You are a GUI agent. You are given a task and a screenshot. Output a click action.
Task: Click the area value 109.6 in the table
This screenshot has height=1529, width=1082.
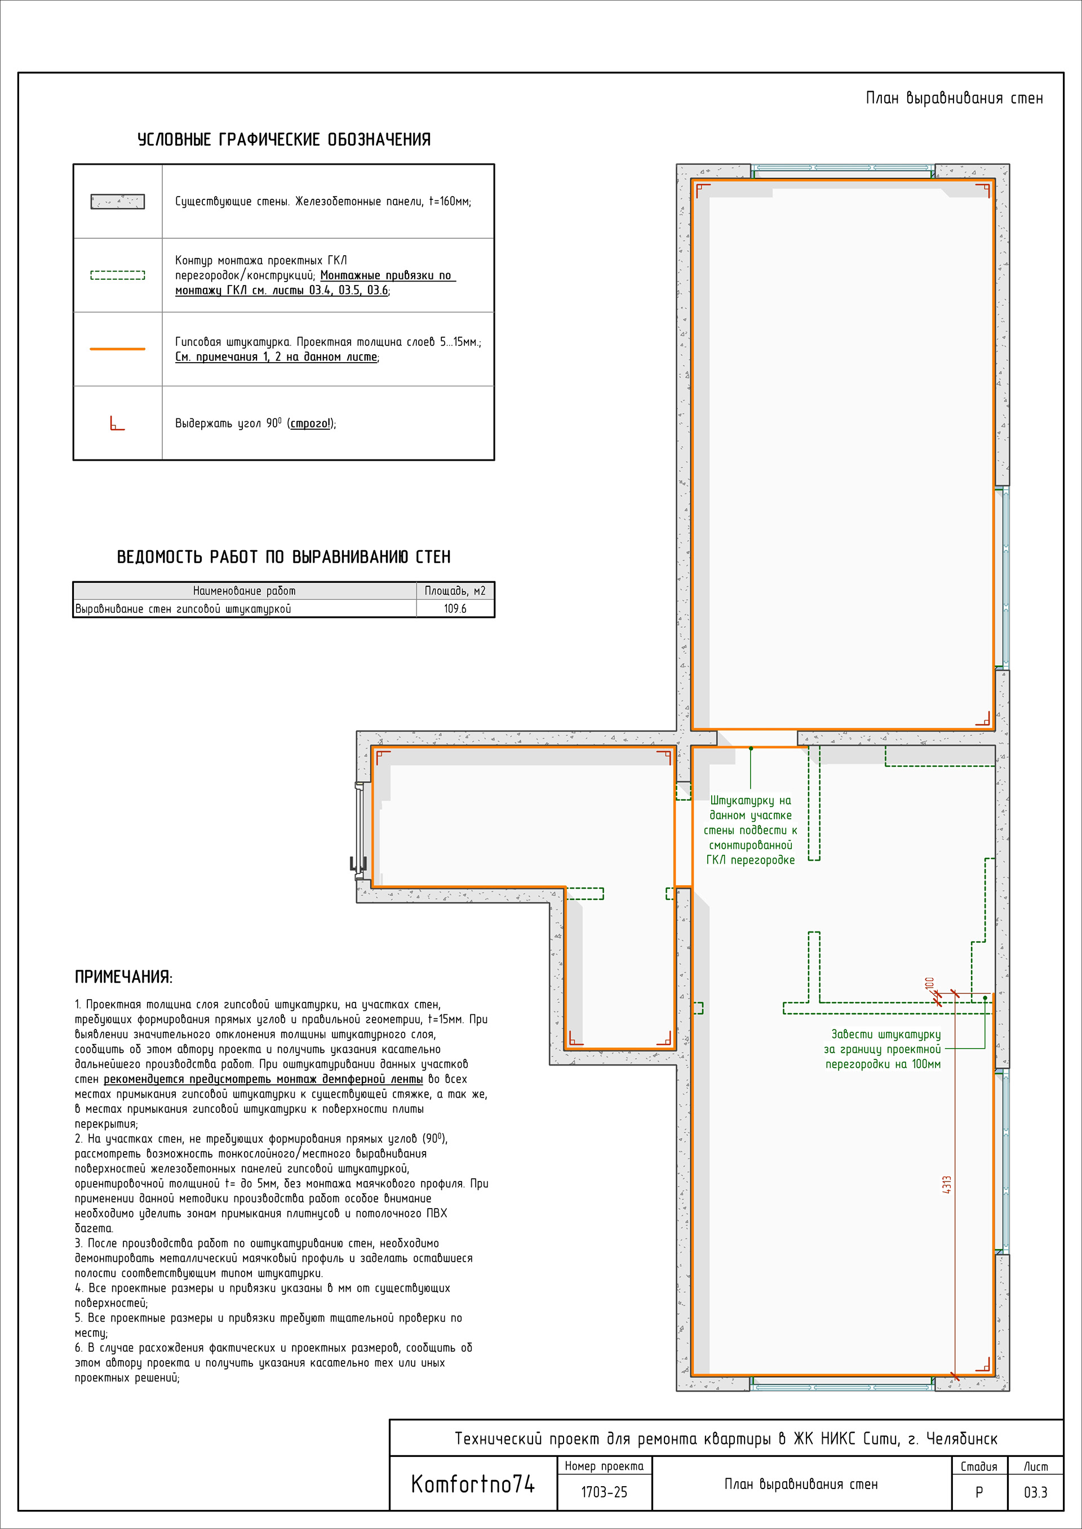click(x=455, y=609)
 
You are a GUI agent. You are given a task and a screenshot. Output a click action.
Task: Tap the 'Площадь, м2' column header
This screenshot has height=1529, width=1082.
click(x=455, y=591)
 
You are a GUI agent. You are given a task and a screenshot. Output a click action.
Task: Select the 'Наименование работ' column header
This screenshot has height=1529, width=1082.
click(x=244, y=591)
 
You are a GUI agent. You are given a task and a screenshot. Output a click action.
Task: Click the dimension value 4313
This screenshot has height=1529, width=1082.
click(x=947, y=1185)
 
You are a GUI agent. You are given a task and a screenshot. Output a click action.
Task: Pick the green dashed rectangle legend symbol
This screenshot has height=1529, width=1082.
click(x=117, y=275)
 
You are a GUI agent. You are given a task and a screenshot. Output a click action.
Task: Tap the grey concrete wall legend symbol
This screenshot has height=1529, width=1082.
click(x=117, y=201)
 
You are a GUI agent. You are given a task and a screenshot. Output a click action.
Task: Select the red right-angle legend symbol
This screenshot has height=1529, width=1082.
click(x=117, y=424)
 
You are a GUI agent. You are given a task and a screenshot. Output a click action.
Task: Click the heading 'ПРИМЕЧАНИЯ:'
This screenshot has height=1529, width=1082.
click(x=123, y=977)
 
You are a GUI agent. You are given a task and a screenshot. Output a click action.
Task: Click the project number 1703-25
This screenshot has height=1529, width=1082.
click(x=604, y=1492)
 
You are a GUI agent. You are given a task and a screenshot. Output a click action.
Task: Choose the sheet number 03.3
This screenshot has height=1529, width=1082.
click(x=1035, y=1492)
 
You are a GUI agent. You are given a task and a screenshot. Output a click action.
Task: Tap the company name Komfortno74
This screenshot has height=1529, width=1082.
click(x=472, y=1484)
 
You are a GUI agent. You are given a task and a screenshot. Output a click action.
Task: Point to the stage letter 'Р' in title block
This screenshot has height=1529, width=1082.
click(x=979, y=1492)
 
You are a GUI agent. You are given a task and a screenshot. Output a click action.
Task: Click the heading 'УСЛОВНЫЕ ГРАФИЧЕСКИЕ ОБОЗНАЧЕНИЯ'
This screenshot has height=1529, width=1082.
click(x=284, y=140)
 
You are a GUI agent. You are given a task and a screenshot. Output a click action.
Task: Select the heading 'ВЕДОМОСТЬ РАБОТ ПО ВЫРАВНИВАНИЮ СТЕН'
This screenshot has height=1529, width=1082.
click(x=284, y=557)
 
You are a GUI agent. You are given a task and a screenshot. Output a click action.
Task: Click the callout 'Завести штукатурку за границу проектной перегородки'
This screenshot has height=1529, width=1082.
click(x=883, y=1049)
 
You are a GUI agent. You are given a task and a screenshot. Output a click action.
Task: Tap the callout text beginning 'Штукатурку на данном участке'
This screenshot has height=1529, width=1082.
click(x=751, y=830)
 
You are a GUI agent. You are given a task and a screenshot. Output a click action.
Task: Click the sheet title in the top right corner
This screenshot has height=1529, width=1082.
click(x=954, y=99)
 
